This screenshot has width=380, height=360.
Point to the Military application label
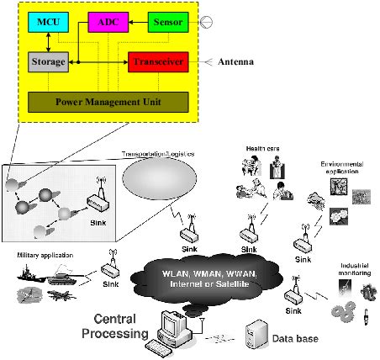[42, 254]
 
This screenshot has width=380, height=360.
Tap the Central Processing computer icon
[172, 329]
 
